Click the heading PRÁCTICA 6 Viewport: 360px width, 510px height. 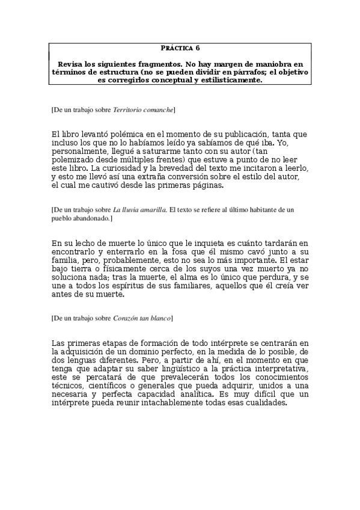pyautogui.click(x=180, y=48)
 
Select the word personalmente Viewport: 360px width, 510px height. pyautogui.click(x=79, y=152)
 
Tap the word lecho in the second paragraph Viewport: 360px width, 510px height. pyautogui.click(x=78, y=242)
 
